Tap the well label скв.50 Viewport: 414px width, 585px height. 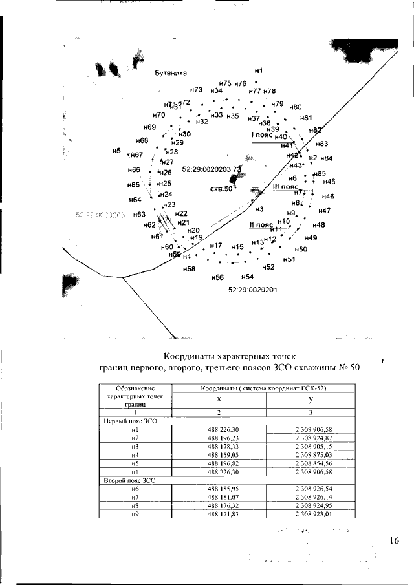coord(221,189)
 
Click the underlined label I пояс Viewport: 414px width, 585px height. coord(263,136)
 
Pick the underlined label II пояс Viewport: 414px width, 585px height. coord(262,225)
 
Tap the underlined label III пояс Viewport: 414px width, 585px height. coord(285,187)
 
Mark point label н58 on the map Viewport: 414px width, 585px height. coord(189,268)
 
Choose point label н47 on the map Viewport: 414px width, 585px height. coord(325,211)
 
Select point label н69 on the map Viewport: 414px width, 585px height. coord(149,127)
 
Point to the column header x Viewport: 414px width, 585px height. coord(219,400)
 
